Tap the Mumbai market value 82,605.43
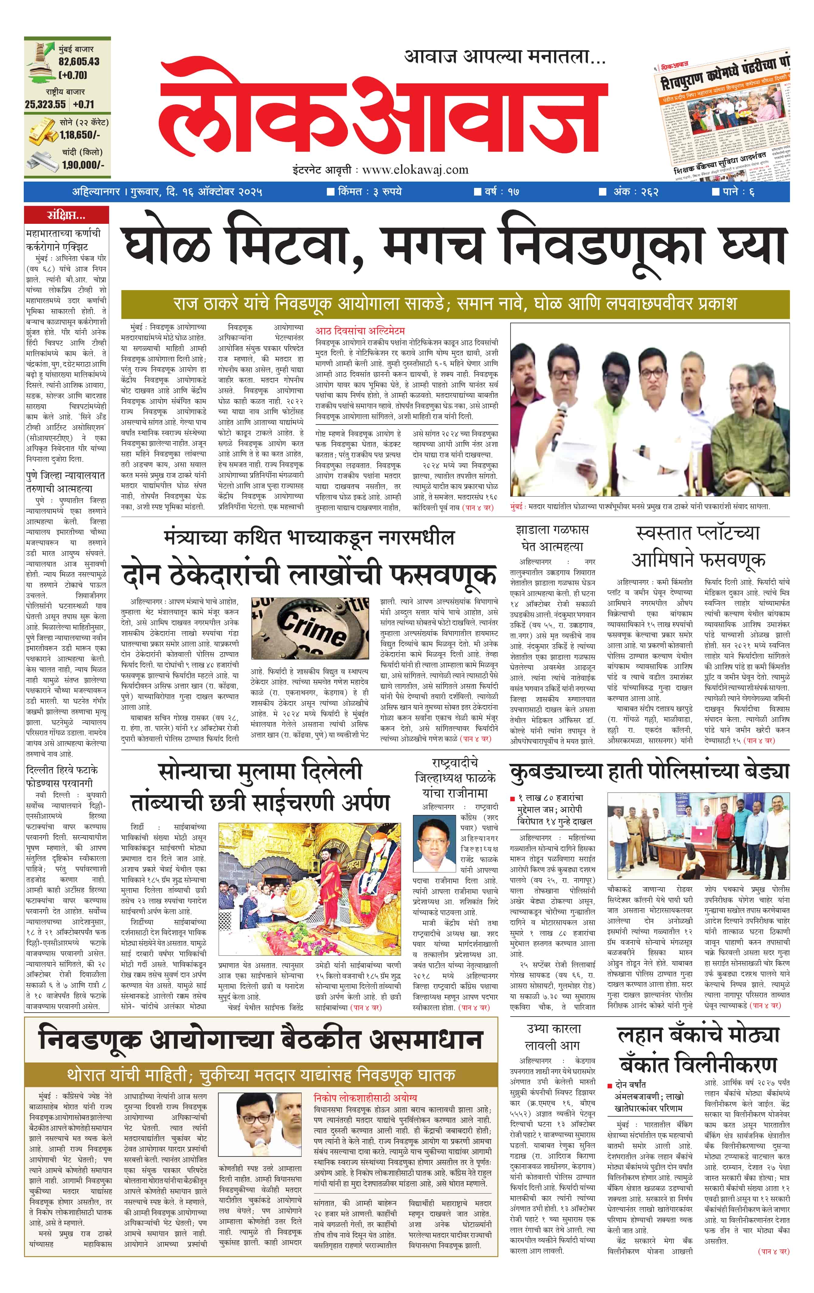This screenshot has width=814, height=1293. (x=79, y=62)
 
